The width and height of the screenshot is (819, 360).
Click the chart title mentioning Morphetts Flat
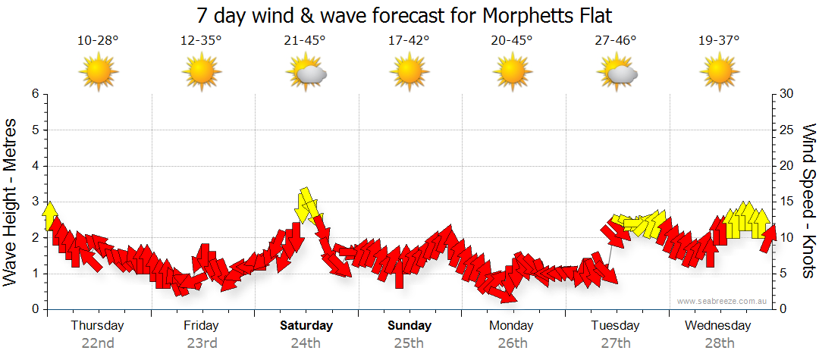403,15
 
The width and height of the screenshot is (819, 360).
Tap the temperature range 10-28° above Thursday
98,40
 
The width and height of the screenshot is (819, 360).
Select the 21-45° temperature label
305,40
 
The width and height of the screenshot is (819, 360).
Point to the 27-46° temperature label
616,40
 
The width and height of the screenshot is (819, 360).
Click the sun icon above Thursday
99,73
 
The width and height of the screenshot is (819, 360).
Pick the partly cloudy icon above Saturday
306,73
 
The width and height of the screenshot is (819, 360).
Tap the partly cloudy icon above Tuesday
617,73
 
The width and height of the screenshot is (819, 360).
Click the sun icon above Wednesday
719,73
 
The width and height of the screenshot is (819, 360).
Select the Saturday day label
306,326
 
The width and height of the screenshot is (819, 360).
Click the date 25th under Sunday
409,343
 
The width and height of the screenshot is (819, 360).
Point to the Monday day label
512,326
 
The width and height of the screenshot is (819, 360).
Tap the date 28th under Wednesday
719,343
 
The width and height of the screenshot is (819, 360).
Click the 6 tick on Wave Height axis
35,94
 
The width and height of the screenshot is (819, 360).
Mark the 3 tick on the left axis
35,202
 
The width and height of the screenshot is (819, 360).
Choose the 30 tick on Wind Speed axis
786,94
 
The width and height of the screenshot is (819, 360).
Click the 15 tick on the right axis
786,202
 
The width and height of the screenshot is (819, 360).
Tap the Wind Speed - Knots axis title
808,202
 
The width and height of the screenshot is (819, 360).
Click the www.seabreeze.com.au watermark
723,301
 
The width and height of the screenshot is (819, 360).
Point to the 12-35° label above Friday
201,40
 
